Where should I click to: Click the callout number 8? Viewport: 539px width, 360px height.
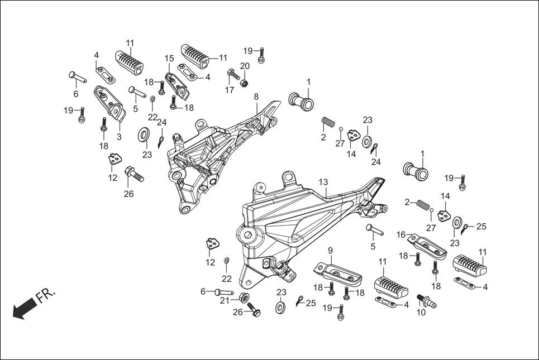point(256,97)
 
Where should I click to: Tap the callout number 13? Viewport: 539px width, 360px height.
point(323,183)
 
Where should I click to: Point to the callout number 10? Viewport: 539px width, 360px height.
point(421,313)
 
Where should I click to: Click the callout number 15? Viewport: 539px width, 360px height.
point(169,58)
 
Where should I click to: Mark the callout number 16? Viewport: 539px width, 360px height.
point(401,234)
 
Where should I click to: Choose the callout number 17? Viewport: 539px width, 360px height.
point(230,90)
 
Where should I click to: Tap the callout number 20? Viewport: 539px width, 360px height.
point(245,66)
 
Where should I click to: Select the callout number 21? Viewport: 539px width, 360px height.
point(225,300)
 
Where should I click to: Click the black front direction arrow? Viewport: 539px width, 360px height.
point(24,309)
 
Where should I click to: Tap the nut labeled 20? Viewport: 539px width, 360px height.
point(244,83)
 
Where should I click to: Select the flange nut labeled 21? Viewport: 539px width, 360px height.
point(244,297)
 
